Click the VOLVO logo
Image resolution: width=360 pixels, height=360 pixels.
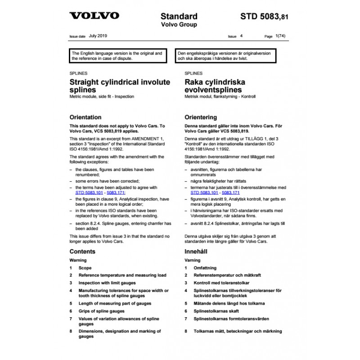(94, 16)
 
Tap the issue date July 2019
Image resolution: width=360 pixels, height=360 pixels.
(98, 35)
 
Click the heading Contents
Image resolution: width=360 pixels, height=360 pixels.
(82, 252)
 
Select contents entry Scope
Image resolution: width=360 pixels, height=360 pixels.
(85, 268)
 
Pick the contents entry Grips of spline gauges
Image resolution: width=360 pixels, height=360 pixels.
(101, 311)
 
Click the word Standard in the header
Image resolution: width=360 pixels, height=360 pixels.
(179, 17)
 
